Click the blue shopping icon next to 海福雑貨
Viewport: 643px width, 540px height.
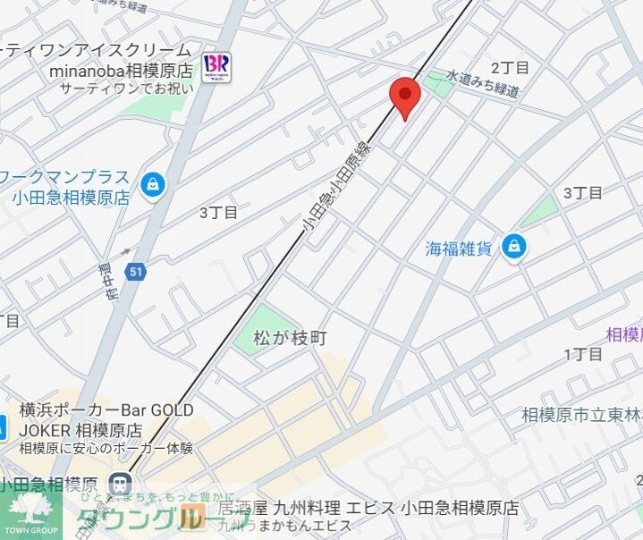513,247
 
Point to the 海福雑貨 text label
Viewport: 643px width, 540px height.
459,249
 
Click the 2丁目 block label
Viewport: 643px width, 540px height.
510,67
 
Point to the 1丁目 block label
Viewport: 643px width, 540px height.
583,355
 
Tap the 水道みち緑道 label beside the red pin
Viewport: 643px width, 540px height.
483,86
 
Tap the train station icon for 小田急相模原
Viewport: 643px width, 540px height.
118,484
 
